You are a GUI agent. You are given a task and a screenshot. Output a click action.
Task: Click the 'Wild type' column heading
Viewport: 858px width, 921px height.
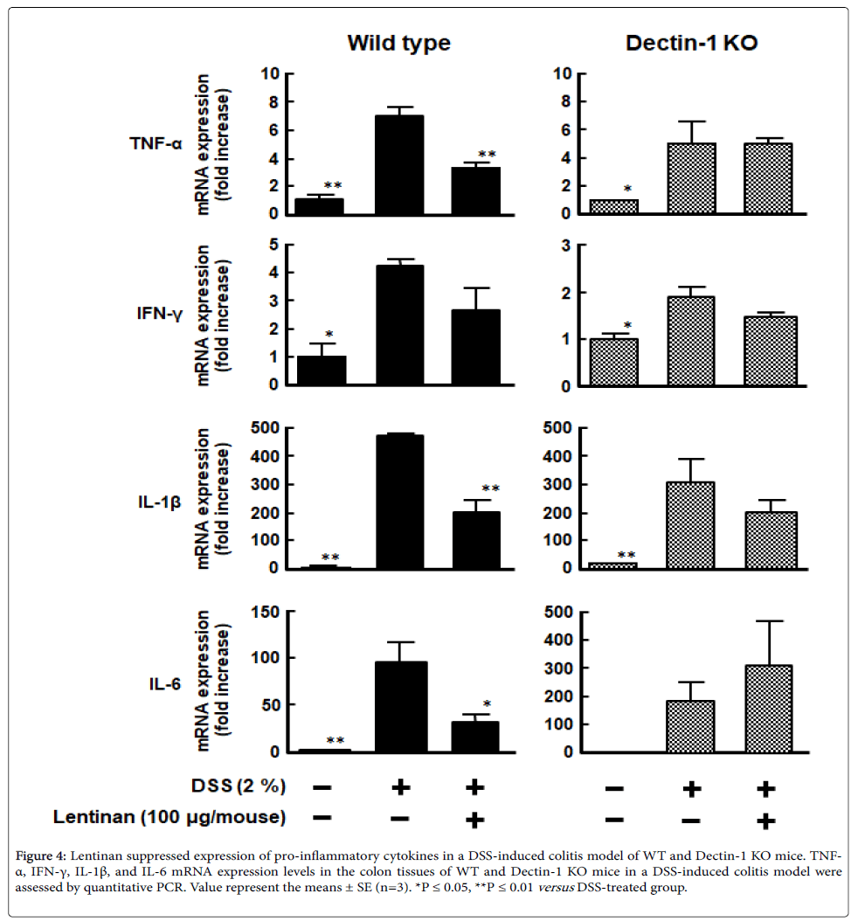click(398, 43)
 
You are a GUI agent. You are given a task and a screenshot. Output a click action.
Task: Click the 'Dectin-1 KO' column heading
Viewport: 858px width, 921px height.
click(692, 43)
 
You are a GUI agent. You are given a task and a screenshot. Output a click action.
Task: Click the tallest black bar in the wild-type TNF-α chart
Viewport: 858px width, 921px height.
click(399, 164)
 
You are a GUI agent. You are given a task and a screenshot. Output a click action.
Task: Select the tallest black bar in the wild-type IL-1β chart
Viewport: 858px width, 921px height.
click(399, 501)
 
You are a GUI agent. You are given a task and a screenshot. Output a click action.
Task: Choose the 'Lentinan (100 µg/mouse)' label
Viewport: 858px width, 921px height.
click(169, 818)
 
